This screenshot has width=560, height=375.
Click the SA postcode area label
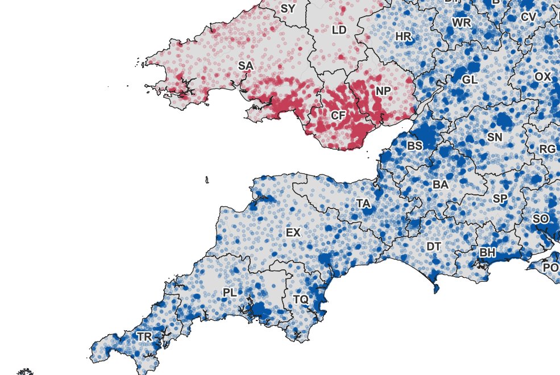point(246,66)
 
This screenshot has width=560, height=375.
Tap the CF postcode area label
point(338,116)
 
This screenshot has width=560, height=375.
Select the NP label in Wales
point(383,91)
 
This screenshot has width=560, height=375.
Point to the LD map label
point(339,30)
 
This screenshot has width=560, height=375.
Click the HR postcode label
point(403,36)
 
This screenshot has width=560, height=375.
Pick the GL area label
point(470,80)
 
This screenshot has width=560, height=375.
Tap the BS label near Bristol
point(414,146)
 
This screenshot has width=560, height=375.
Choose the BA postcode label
point(441,185)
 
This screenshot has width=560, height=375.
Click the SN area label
point(495,137)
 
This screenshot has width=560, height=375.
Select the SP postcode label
point(500,199)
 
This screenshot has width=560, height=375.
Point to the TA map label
point(364,203)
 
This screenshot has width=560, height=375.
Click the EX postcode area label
point(293,232)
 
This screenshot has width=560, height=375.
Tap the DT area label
point(434,247)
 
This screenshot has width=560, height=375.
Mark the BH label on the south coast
point(488,252)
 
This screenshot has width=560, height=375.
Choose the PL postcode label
point(230,293)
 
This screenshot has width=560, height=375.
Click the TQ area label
point(301,299)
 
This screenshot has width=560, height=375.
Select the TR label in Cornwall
point(144,337)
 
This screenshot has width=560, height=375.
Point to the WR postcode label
point(462,23)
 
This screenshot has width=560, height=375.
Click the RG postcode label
point(547,149)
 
